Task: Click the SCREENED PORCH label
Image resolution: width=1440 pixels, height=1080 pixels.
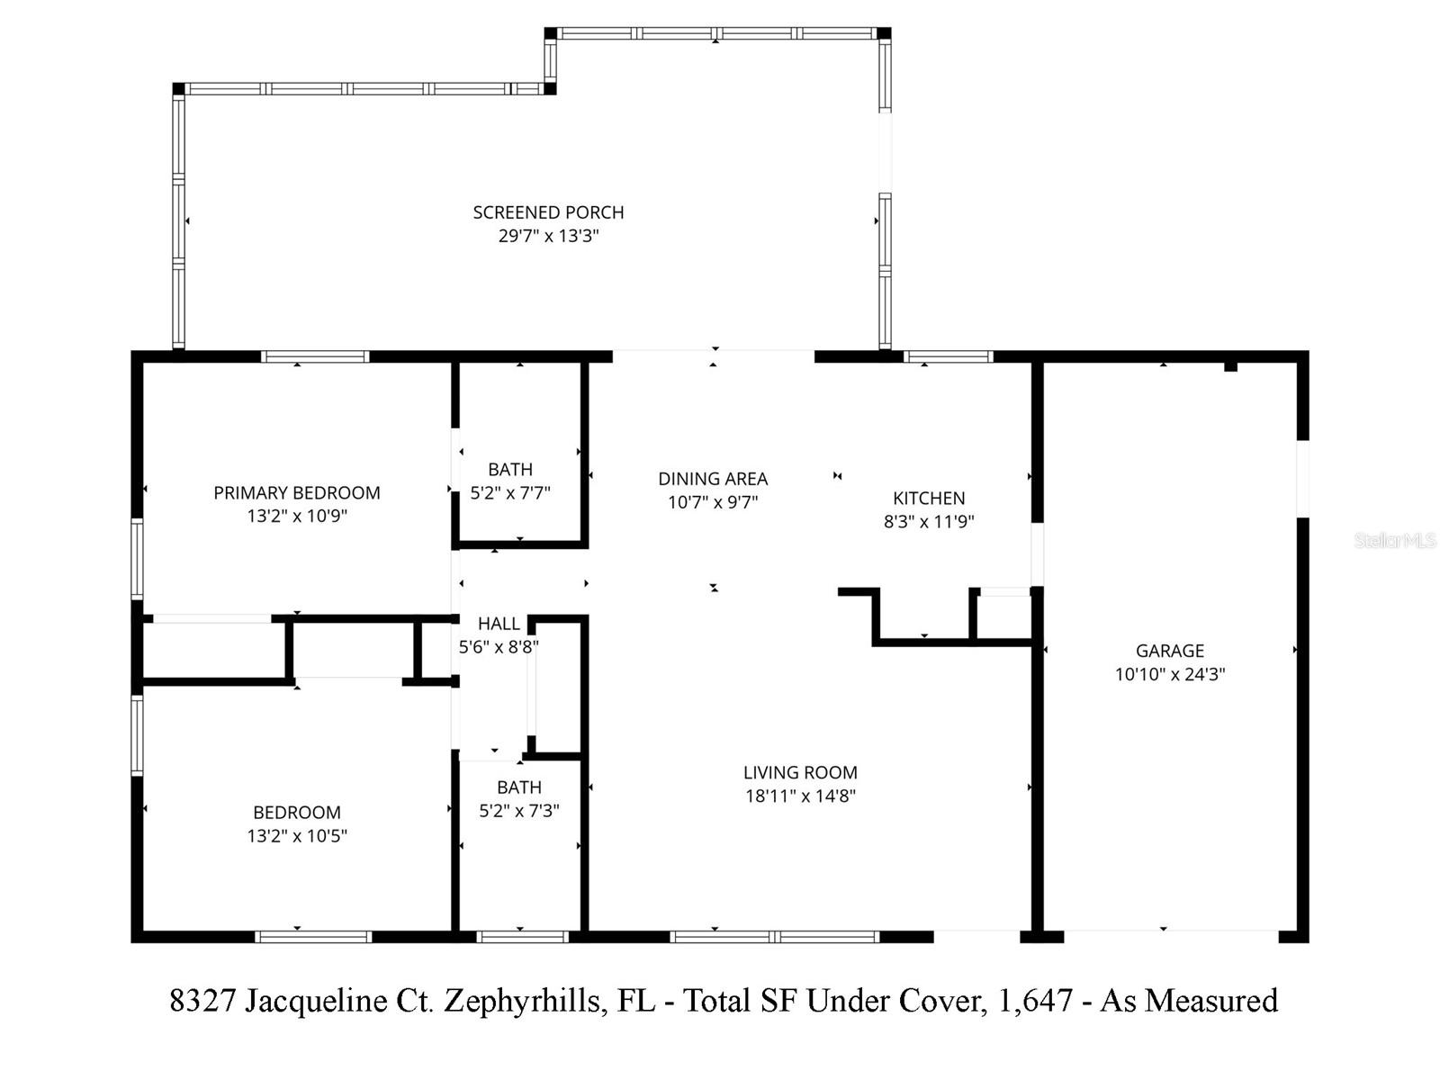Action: pyautogui.click(x=548, y=212)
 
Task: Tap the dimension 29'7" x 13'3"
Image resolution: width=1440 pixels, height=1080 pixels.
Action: pyautogui.click(x=548, y=236)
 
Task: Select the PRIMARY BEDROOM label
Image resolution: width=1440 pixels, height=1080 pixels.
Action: pyautogui.click(x=297, y=492)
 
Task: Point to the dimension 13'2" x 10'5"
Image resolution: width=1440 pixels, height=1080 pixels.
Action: pyautogui.click(x=297, y=835)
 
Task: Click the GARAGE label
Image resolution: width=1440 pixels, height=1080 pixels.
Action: pyautogui.click(x=1169, y=650)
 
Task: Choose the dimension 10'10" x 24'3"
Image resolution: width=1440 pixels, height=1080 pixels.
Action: pyautogui.click(x=1169, y=674)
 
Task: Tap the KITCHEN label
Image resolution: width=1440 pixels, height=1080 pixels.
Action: pyautogui.click(x=929, y=498)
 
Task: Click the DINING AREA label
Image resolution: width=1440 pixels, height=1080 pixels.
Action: pyautogui.click(x=713, y=479)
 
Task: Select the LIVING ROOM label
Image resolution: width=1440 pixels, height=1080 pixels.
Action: pyautogui.click(x=800, y=772)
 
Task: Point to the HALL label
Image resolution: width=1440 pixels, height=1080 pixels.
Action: pyautogui.click(x=499, y=624)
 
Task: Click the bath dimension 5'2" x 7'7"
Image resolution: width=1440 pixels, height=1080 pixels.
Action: pyautogui.click(x=510, y=493)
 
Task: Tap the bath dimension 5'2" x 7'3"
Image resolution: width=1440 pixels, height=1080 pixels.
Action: pyautogui.click(x=519, y=810)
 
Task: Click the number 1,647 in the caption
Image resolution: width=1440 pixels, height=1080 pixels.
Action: pyautogui.click(x=1035, y=1001)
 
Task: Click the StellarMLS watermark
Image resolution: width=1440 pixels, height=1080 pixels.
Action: pyautogui.click(x=1394, y=541)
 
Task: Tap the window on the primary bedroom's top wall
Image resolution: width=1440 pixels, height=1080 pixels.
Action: pyautogui.click(x=315, y=357)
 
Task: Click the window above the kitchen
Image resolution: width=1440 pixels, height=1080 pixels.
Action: pyautogui.click(x=949, y=357)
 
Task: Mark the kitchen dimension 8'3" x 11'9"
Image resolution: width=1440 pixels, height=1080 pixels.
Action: pyautogui.click(x=929, y=521)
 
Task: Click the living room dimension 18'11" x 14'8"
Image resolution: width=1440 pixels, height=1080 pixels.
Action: pyautogui.click(x=800, y=796)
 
